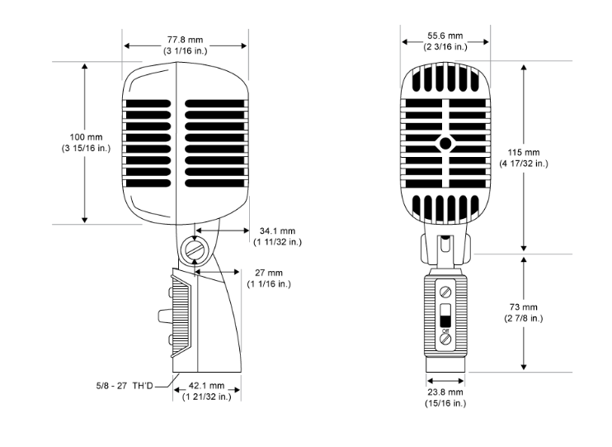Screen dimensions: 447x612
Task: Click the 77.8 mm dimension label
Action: coord(185,39)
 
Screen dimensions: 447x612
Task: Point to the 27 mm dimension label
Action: coord(268,273)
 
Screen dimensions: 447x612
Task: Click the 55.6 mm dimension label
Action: coord(445,36)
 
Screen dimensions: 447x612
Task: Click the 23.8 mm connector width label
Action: coord(445,392)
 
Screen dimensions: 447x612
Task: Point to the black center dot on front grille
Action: coord(446,143)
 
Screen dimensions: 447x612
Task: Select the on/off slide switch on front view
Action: coord(445,317)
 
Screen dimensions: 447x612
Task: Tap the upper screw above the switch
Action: coord(445,292)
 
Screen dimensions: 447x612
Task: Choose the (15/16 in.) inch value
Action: coord(445,403)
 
